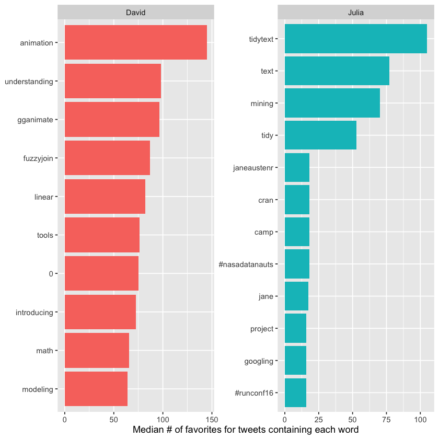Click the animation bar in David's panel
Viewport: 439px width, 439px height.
pos(135,43)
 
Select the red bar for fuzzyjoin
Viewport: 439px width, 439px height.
pos(107,158)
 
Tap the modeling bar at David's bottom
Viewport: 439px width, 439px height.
pos(96,389)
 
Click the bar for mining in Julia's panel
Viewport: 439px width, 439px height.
pos(332,103)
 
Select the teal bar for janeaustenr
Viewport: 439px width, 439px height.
pos(297,168)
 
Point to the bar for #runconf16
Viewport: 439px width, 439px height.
pos(295,393)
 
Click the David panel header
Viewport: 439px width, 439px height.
pos(135,12)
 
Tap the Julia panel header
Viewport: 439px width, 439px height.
pos(355,12)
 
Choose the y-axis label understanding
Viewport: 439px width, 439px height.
pos(29,82)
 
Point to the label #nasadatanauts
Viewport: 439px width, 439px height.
pos(246,264)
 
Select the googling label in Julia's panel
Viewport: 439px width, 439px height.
pos(259,361)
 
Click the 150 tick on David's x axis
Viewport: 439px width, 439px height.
pos(211,419)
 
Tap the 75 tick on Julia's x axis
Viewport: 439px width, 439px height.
pos(386,419)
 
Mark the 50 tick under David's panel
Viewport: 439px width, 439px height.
pos(113,419)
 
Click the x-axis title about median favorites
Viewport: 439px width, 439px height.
pos(245,430)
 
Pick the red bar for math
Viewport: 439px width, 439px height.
pos(97,350)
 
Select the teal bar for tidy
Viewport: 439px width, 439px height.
pos(320,135)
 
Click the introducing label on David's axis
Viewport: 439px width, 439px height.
pos(34,313)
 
